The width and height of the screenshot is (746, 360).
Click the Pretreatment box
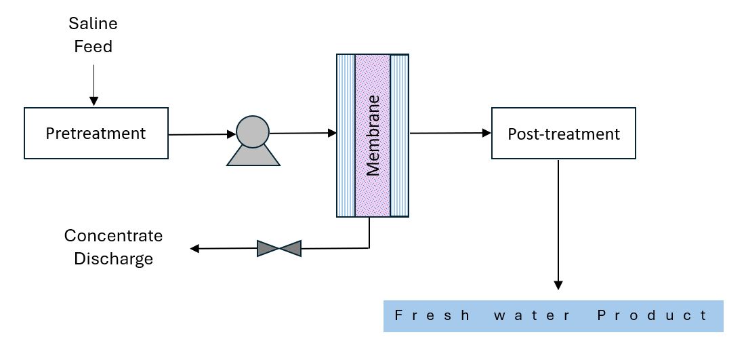pyautogui.click(x=96, y=134)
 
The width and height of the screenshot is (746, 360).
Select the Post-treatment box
pyautogui.click(x=563, y=134)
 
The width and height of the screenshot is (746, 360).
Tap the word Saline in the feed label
pyautogui.click(x=93, y=24)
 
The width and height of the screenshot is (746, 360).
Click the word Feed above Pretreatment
pyautogui.click(x=93, y=47)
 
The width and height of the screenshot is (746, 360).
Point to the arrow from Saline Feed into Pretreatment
pyautogui.click(x=94, y=85)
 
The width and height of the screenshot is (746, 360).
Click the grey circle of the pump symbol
pyautogui.click(x=253, y=130)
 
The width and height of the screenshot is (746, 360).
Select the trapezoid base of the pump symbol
pyautogui.click(x=253, y=157)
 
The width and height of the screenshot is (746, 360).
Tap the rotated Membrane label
pyautogui.click(x=373, y=136)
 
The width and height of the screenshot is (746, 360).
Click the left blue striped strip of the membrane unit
pyautogui.click(x=346, y=136)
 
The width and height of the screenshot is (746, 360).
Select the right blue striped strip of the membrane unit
pyautogui.click(x=400, y=136)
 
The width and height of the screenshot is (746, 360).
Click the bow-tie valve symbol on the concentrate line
pyautogui.click(x=278, y=248)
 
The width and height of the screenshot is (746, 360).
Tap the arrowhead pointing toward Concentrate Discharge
pyautogui.click(x=195, y=249)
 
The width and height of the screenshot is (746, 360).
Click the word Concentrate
pyautogui.click(x=113, y=236)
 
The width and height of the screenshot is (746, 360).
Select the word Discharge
pyautogui.click(x=113, y=259)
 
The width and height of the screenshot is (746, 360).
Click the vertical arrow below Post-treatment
pyautogui.click(x=558, y=224)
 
